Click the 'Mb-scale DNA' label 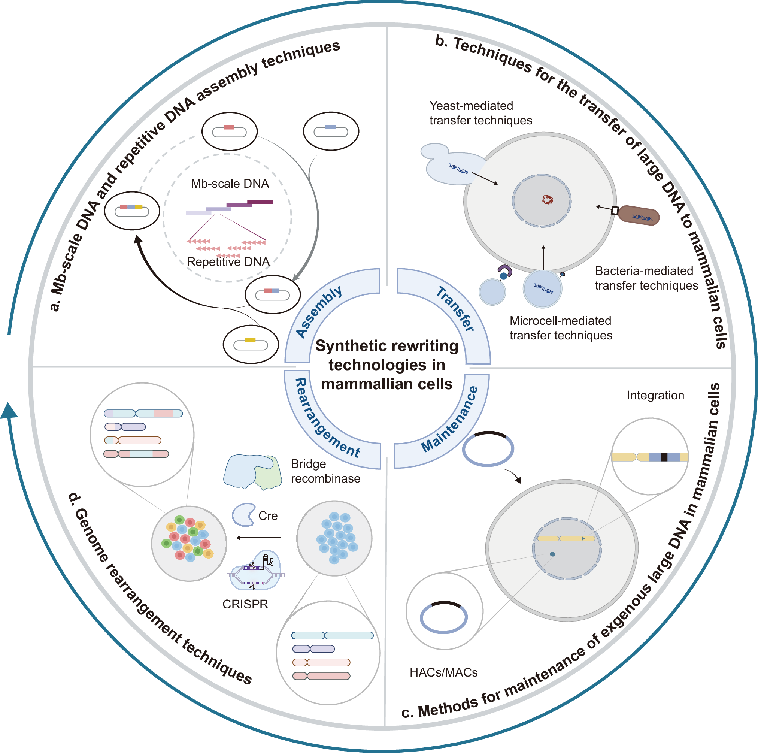(230, 184)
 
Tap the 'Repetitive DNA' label (228, 262)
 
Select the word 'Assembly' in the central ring (319, 312)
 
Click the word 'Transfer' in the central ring (455, 308)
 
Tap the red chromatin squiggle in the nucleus (547, 200)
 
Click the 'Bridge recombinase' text (325, 471)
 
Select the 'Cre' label (268, 515)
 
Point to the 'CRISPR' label (245, 604)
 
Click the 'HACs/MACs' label (443, 672)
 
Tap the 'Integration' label (655, 395)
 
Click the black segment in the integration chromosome (664, 457)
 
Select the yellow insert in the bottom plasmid (250, 340)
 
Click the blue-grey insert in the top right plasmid (330, 127)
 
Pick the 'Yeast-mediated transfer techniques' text (480, 113)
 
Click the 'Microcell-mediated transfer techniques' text (561, 328)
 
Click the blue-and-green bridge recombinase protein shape (252, 471)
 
